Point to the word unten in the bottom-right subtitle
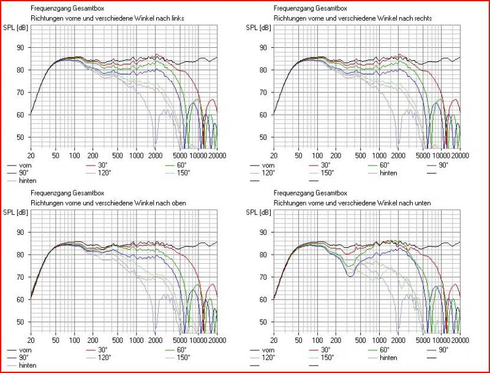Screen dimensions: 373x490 coord(423,202)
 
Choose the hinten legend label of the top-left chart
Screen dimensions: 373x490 coord(27,180)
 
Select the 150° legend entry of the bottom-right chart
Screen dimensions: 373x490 coord(328,357)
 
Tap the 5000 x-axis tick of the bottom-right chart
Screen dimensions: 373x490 coord(424,340)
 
